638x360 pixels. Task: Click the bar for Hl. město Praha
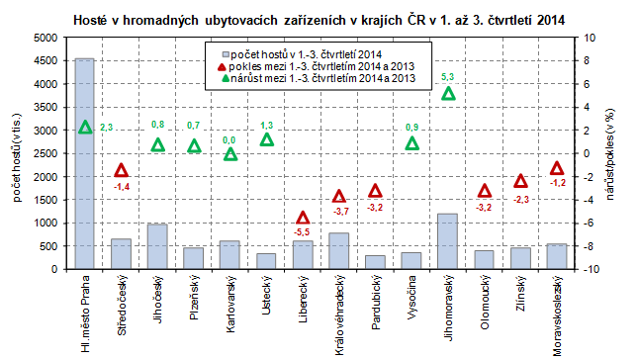[85, 164]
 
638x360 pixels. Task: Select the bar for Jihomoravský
[448, 241]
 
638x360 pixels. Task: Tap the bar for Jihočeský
[157, 246]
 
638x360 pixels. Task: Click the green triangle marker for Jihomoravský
[448, 93]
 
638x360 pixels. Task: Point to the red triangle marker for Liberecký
[303, 218]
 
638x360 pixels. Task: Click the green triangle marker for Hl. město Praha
[85, 127]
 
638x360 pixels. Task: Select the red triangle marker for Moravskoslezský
[557, 168]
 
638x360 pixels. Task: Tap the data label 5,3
[447, 76]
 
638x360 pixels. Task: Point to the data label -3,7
[339, 212]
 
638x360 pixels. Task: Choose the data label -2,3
[520, 199]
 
